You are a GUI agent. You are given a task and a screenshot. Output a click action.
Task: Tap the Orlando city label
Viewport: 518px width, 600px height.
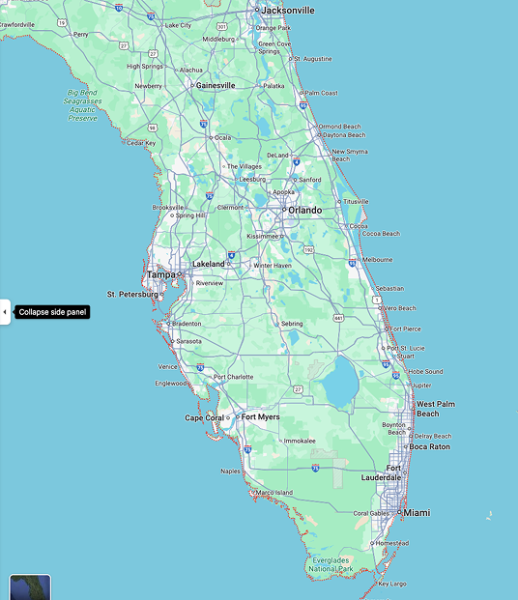tap(304, 210)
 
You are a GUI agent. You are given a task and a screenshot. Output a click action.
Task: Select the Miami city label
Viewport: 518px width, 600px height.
tap(417, 512)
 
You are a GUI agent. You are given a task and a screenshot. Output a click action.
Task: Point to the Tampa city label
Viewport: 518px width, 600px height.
tap(160, 274)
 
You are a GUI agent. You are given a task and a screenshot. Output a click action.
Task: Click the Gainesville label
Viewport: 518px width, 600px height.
tap(216, 85)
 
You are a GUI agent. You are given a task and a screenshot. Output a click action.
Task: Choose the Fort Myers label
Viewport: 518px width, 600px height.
tap(260, 417)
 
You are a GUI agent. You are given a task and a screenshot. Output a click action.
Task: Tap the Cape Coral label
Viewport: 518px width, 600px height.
tap(204, 418)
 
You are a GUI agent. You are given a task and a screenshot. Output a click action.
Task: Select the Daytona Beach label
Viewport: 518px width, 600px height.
tap(343, 135)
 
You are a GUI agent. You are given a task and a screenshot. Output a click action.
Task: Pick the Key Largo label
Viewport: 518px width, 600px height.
tap(392, 584)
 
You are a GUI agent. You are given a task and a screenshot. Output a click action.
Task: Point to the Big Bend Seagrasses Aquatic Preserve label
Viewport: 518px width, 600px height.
tap(83, 105)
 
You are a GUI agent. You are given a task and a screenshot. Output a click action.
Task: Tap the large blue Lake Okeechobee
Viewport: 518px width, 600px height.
tap(339, 382)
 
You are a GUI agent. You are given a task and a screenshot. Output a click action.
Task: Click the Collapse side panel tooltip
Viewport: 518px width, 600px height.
tap(52, 312)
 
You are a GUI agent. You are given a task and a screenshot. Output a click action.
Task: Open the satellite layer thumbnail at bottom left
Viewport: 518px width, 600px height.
tap(30, 587)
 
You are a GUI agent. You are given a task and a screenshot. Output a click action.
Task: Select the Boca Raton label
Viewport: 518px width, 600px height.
tap(429, 446)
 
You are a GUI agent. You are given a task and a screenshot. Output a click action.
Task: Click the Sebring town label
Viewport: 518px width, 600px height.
tap(292, 324)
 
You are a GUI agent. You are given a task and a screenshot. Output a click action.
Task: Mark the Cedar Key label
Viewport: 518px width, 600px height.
tap(141, 143)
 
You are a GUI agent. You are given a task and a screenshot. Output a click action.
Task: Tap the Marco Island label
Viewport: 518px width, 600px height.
tap(274, 493)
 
